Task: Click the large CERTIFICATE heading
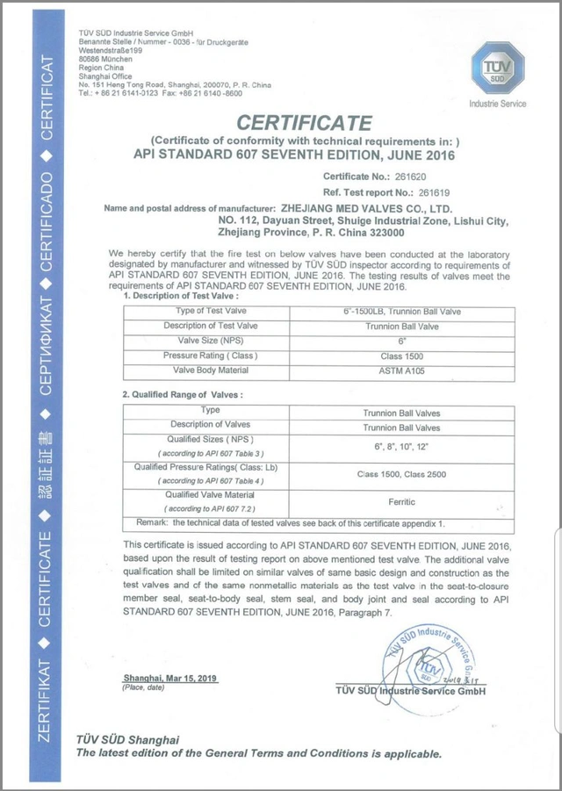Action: point(305,123)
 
